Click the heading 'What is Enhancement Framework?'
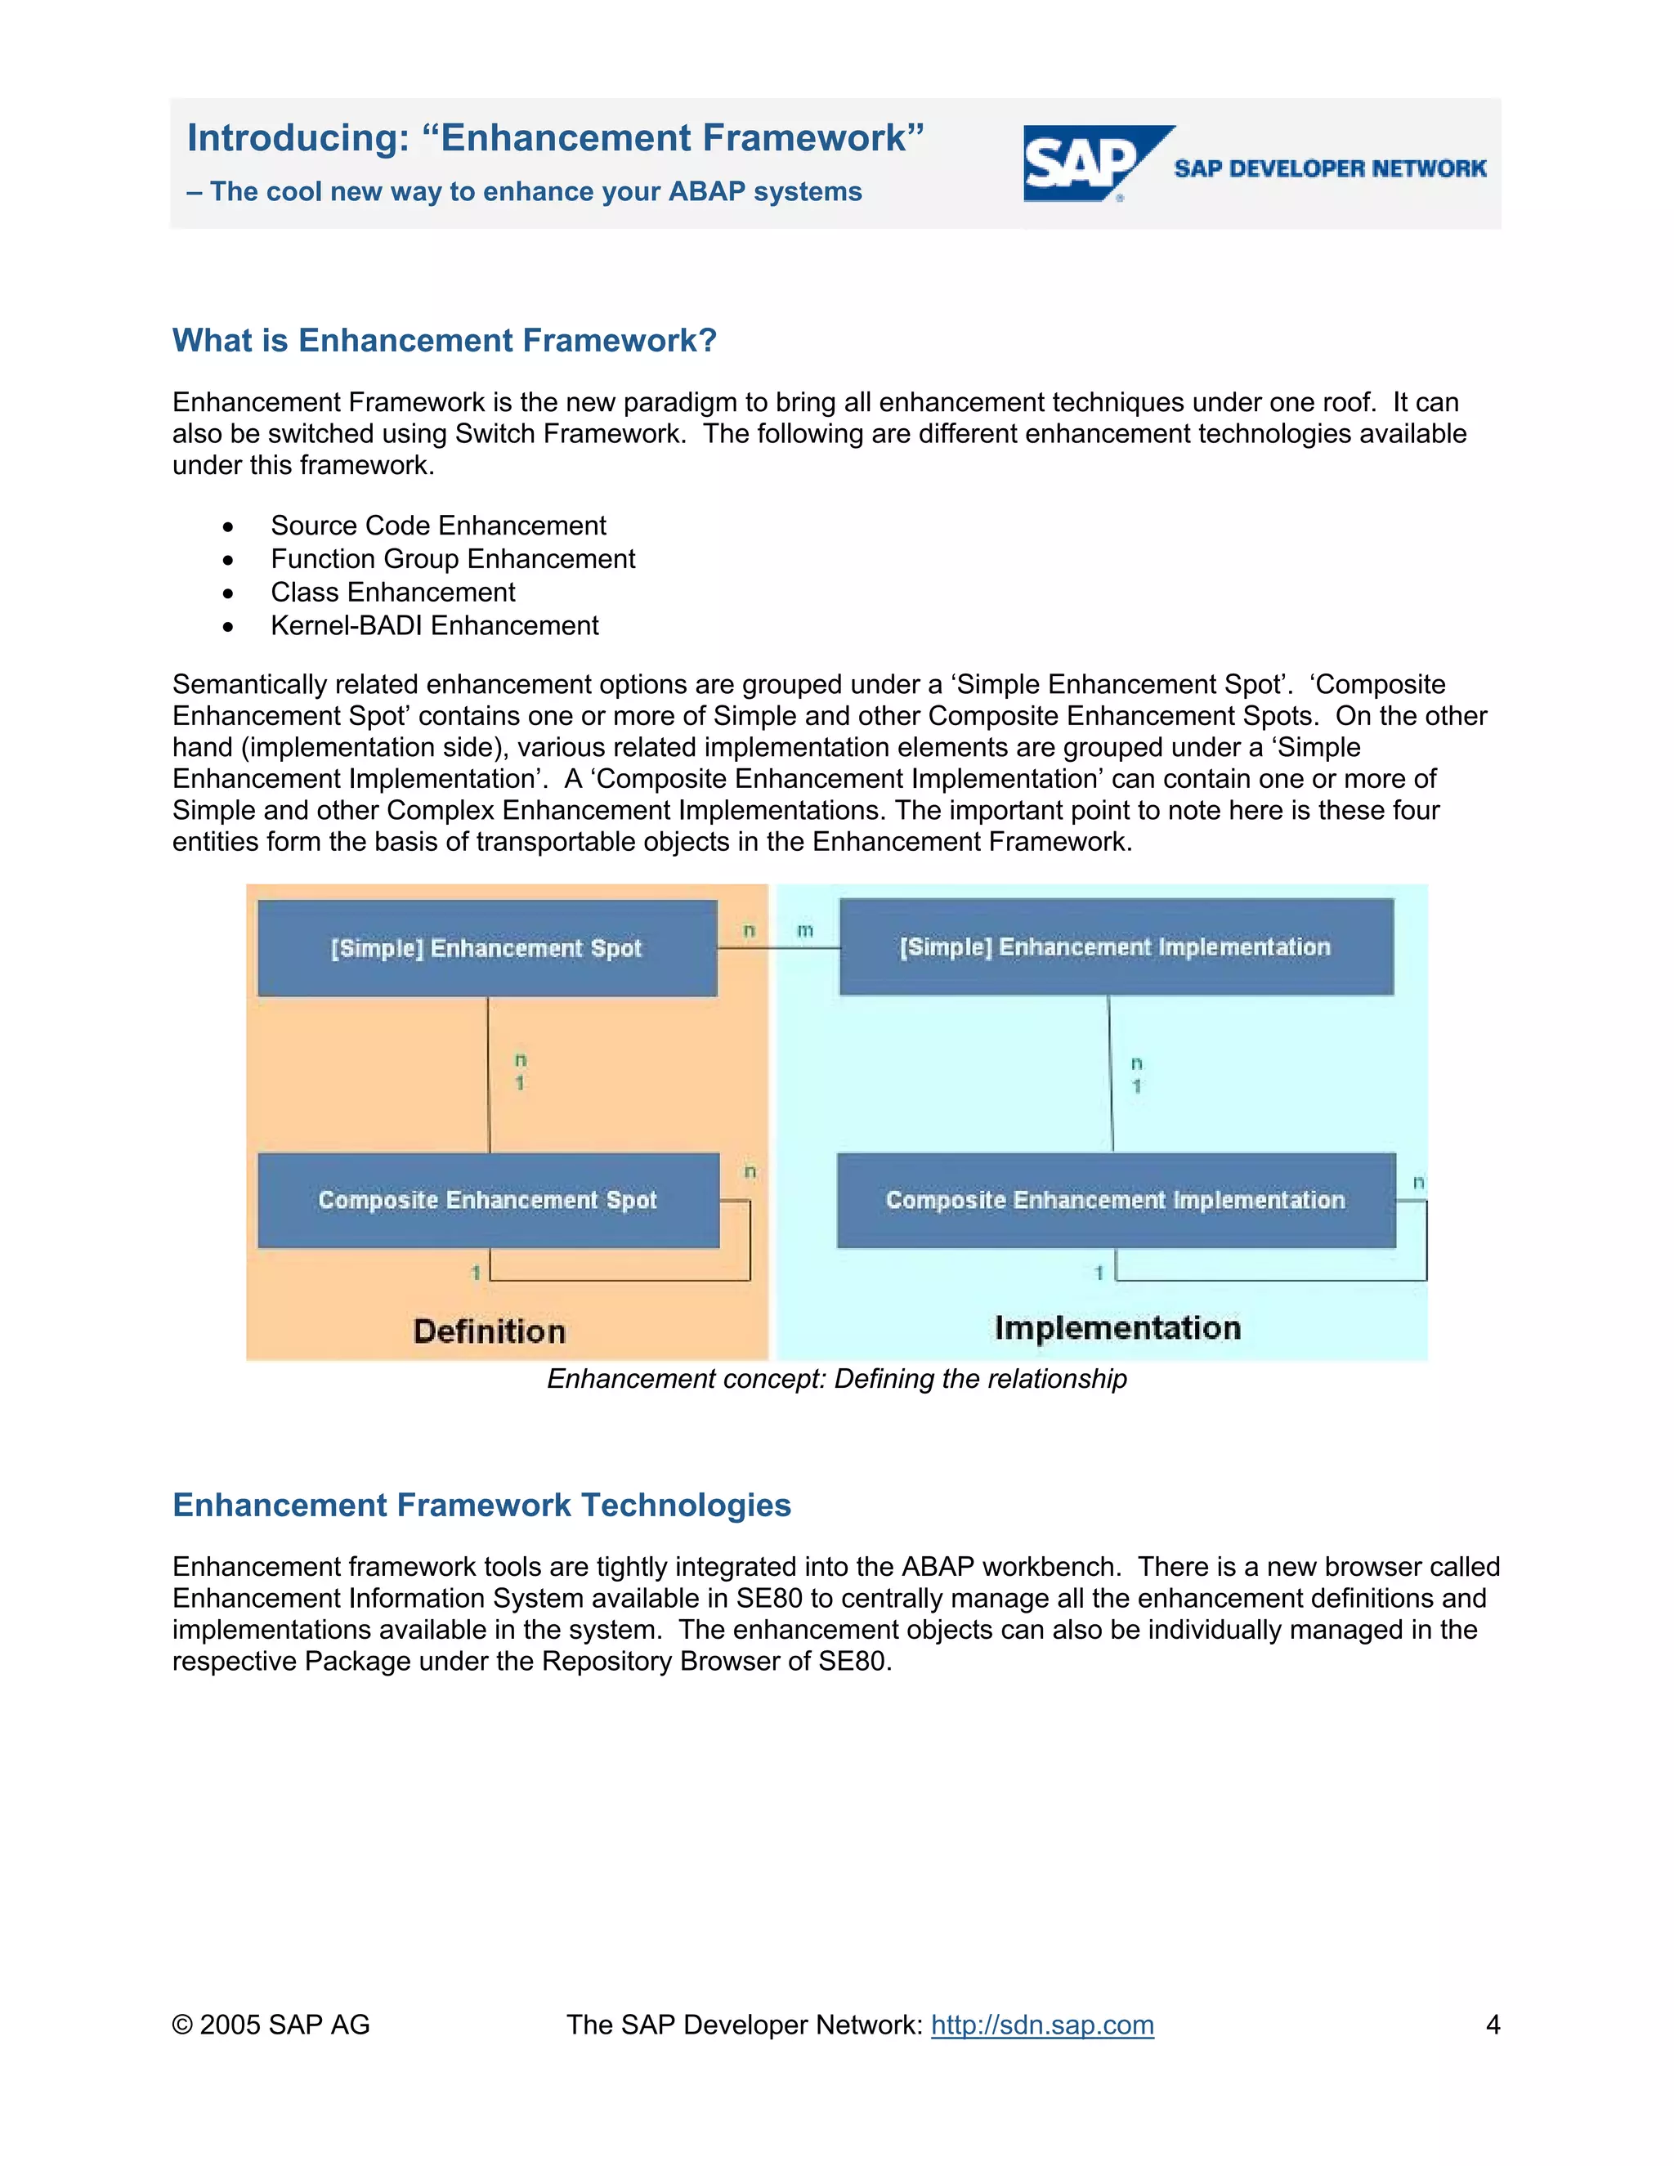[445, 340]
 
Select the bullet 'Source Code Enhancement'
[437, 526]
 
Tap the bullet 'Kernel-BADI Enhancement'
[434, 626]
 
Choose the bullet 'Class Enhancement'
[392, 592]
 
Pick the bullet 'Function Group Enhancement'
[452, 559]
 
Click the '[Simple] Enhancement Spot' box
[487, 948]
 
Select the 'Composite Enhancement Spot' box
[487, 1200]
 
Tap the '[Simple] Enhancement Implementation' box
[1116, 947]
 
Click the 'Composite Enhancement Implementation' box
[1116, 1200]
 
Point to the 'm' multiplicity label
[805, 930]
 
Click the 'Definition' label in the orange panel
[489, 1331]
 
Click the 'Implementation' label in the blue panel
[1117, 1328]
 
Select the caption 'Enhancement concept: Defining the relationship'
[837, 1379]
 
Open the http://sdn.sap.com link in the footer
[1042, 2024]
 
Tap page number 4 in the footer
[1493, 2024]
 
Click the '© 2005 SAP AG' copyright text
[271, 2024]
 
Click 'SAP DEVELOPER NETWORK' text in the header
[1330, 168]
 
